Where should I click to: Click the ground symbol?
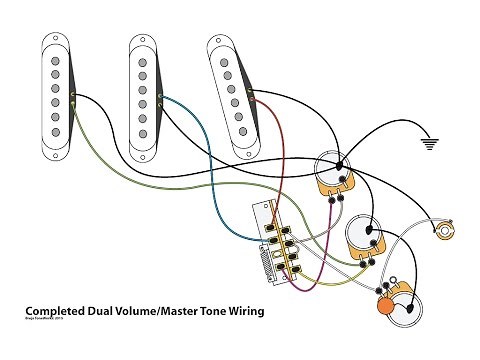432,143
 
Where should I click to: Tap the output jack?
443,231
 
